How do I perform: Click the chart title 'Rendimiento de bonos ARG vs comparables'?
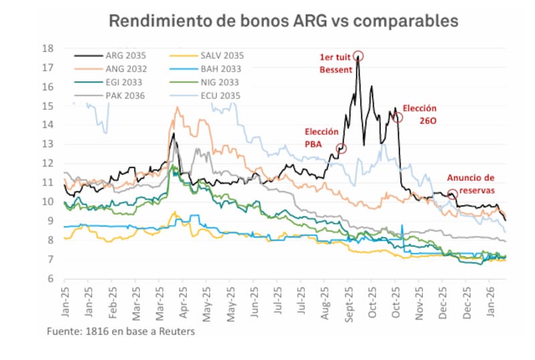(x=283, y=21)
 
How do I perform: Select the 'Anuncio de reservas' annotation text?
(x=470, y=183)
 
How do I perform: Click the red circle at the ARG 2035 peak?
(x=358, y=56)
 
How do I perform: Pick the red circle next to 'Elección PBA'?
(x=342, y=149)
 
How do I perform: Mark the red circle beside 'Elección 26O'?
(x=398, y=118)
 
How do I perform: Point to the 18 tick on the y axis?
(x=48, y=48)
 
